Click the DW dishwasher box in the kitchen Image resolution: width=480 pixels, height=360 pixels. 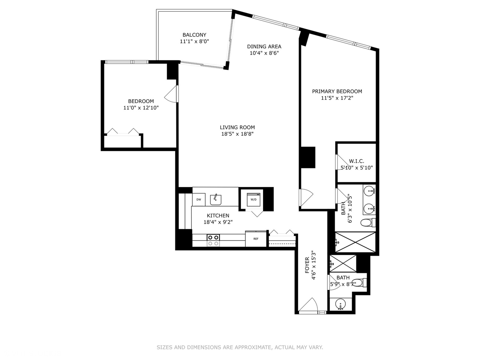[199, 200]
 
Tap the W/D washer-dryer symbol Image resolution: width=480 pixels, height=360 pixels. [253, 199]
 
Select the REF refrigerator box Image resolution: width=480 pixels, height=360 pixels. [256, 239]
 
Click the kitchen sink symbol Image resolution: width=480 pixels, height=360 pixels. [216, 199]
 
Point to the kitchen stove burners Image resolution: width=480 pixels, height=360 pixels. [213, 240]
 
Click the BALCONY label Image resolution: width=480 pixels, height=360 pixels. [194, 35]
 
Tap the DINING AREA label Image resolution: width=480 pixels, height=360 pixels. [264, 46]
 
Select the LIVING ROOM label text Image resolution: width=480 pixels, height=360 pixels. [237, 127]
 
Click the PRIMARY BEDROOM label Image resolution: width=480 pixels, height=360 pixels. [337, 91]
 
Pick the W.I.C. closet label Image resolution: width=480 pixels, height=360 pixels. [357, 161]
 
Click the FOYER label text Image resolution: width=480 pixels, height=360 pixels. [307, 265]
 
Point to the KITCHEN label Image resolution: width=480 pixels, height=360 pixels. [218, 216]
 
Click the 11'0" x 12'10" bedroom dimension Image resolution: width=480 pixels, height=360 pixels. [141, 108]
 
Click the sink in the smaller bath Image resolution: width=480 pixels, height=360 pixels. [340, 304]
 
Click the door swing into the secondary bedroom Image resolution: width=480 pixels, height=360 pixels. [171, 94]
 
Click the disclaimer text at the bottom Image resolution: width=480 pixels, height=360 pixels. [240, 347]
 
